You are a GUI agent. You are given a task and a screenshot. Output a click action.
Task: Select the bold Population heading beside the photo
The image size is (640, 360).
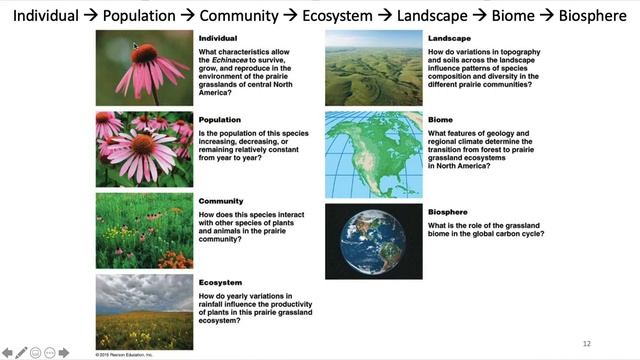[x=219, y=119]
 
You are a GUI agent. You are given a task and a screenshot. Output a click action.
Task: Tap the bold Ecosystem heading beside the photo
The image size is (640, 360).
[x=219, y=283]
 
